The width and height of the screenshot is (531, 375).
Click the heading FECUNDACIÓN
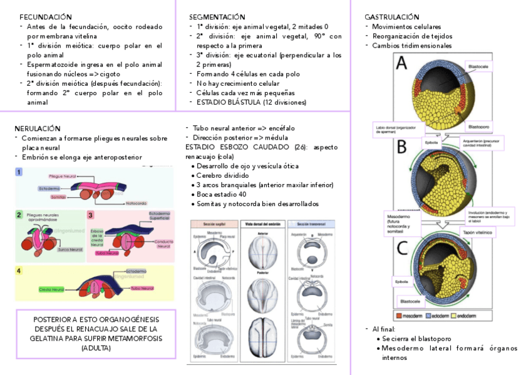[46, 17]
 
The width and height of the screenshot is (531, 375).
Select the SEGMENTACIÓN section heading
[217, 17]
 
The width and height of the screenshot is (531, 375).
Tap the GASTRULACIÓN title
[392, 17]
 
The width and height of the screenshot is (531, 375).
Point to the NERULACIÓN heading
[38, 128]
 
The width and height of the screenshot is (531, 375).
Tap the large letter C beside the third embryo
[402, 248]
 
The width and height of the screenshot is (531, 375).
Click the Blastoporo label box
[478, 126]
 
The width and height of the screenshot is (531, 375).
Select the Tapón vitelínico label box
[477, 232]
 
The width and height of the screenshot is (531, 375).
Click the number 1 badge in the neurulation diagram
[19, 172]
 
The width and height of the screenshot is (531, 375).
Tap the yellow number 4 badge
[19, 270]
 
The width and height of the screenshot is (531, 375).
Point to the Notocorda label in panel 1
[136, 203]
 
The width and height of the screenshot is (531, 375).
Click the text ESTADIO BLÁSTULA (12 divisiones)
[242, 102]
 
